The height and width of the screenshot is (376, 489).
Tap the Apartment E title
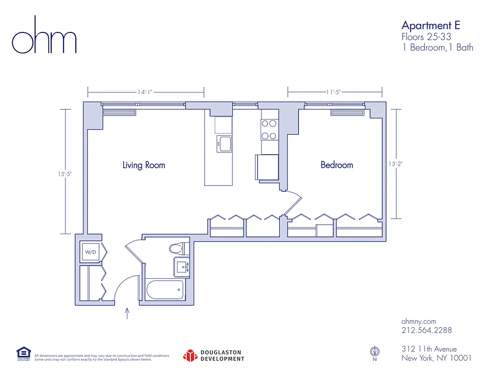tap(430, 25)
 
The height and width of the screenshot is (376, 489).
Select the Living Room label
tap(143, 165)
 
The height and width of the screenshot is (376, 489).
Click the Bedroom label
tap(337, 165)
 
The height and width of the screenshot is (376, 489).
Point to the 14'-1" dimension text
tap(145, 92)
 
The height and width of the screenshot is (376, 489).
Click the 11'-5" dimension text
tap(333, 92)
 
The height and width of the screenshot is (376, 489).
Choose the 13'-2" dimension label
tap(396, 164)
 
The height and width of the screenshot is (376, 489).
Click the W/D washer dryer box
tap(90, 252)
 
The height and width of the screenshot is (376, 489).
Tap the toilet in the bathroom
tap(177, 248)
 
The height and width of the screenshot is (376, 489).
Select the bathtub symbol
tap(165, 290)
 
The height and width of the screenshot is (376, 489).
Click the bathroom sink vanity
tap(181, 268)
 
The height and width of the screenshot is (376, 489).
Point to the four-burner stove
tap(269, 130)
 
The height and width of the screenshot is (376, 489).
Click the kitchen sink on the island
tap(224, 144)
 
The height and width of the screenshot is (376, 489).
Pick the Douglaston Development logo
tap(214, 356)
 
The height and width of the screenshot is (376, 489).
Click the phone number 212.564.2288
tap(426, 330)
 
